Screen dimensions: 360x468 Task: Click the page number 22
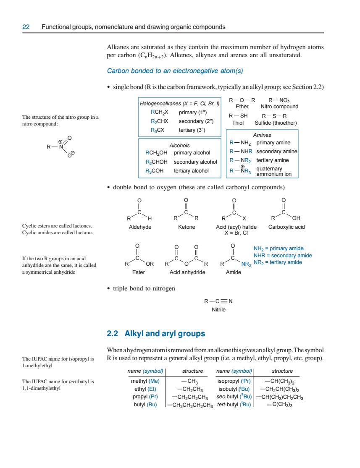(x=26, y=27)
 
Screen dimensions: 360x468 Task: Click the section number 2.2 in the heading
(x=112, y=333)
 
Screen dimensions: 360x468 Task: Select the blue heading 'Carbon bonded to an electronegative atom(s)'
(x=175, y=71)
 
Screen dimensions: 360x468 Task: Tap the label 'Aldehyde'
(x=140, y=227)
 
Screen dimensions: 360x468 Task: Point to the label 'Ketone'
(x=187, y=227)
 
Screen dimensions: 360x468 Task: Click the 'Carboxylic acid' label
(x=286, y=227)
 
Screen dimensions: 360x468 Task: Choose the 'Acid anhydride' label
(x=187, y=272)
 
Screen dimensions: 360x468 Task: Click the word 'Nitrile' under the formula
(x=219, y=309)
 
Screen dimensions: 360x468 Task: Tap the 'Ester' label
(x=138, y=272)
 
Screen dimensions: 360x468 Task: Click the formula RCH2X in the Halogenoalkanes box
(x=159, y=112)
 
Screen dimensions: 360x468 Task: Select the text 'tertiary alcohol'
(x=191, y=171)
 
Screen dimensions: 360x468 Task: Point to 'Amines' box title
(x=262, y=135)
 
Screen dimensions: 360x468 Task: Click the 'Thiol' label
(x=238, y=123)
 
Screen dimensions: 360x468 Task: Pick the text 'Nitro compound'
(x=279, y=107)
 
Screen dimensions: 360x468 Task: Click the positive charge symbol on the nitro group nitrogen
(x=60, y=142)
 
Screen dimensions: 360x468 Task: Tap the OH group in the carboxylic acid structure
(x=296, y=218)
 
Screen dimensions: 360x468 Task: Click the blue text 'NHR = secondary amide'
(x=283, y=256)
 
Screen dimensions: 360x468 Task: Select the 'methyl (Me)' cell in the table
(x=145, y=381)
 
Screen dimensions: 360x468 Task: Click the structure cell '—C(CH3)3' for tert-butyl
(x=280, y=405)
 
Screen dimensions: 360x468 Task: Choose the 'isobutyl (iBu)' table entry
(x=234, y=389)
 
